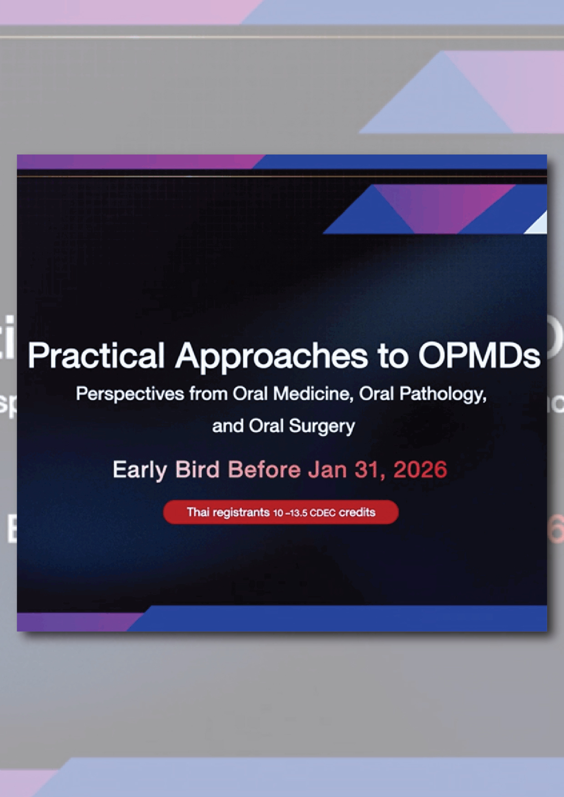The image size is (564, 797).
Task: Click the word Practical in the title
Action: [96, 355]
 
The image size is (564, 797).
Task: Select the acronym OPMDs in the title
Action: [479, 355]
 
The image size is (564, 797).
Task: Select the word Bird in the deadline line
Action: [197, 469]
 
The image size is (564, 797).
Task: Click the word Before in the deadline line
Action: [264, 469]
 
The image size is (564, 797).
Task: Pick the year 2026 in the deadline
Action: [420, 469]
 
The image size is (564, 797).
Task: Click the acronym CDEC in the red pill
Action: [322, 513]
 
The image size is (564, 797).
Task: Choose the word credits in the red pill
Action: [357, 512]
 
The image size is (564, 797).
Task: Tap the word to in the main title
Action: [393, 356]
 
